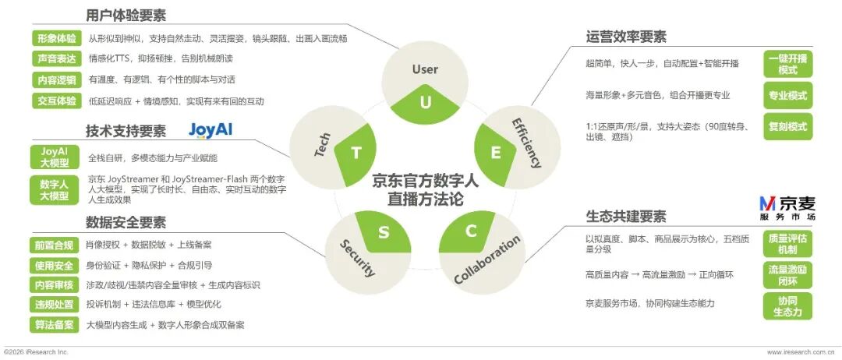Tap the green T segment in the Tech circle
click(355, 154)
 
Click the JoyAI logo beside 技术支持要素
click(210, 131)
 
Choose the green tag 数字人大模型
click(55, 190)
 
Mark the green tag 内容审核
click(54, 285)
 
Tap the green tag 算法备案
click(54, 325)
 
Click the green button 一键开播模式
click(787, 65)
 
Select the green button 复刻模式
click(787, 127)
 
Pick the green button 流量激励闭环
click(787, 275)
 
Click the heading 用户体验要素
click(126, 16)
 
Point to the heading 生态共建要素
click(625, 216)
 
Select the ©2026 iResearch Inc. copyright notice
click(36, 352)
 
